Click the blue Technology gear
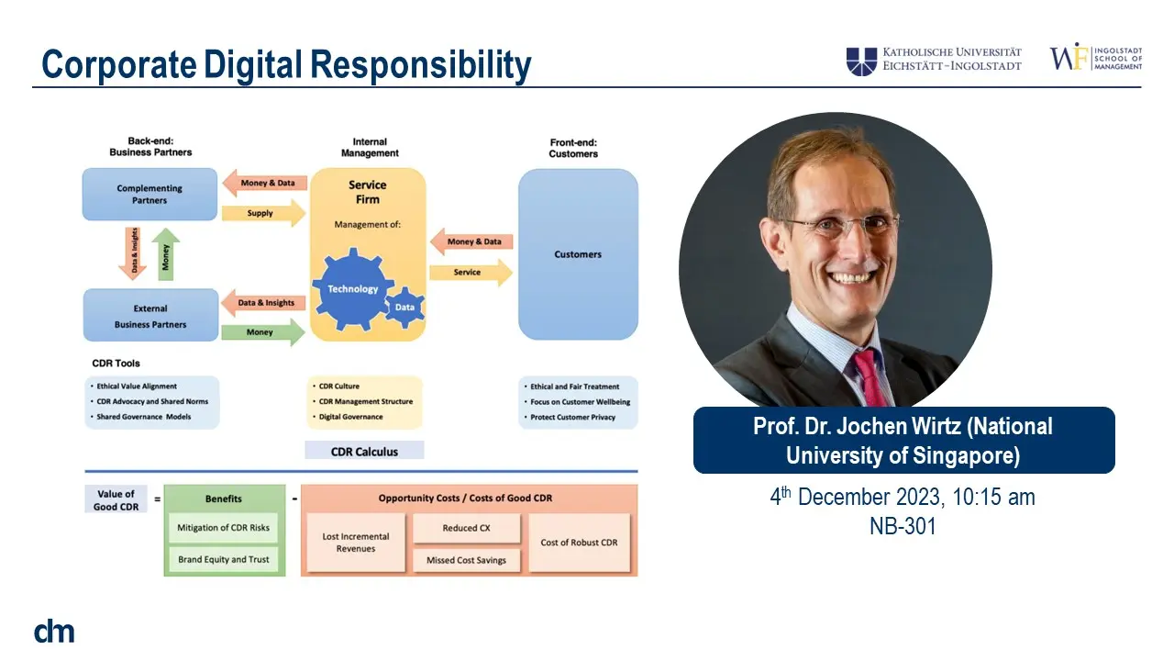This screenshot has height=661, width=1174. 353,289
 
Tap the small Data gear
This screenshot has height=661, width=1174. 404,308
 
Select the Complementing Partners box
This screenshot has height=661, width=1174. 150,194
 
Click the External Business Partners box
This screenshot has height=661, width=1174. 151,315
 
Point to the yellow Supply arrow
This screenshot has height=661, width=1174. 263,213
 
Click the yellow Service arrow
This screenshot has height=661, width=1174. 471,273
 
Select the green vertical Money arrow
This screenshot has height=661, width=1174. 166,254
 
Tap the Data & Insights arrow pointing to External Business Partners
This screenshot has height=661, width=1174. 263,303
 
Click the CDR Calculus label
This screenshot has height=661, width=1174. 364,451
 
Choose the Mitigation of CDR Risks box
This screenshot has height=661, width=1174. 223,528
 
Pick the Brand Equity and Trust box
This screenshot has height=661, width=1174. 223,560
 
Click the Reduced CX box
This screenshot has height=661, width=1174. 467,528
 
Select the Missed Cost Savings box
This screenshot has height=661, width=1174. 467,560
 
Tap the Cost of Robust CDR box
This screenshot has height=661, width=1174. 579,543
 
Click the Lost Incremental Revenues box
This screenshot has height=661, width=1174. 356,543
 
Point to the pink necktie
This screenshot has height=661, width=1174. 870,377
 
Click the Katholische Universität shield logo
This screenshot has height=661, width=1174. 861,62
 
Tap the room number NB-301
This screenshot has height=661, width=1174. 903,526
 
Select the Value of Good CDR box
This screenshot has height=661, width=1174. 116,499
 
